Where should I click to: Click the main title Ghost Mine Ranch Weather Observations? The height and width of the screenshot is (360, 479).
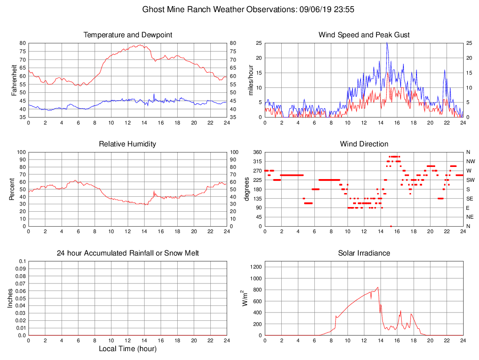[250, 9]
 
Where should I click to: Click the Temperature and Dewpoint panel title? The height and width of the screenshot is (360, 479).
[128, 35]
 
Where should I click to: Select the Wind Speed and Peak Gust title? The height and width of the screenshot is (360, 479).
[364, 35]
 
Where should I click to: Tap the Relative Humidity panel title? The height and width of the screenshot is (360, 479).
[128, 144]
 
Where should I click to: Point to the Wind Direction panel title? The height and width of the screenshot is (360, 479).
[364, 144]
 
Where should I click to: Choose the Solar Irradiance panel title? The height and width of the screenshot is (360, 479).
[364, 253]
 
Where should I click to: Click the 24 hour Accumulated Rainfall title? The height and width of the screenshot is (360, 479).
[128, 253]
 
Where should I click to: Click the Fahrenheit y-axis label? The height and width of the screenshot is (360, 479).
[14, 80]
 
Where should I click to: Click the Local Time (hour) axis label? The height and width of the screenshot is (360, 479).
[128, 349]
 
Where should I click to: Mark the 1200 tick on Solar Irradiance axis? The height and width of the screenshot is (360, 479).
[256, 267]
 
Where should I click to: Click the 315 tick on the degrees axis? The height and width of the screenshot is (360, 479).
[257, 161]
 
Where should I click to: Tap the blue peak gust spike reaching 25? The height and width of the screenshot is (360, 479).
[387, 43]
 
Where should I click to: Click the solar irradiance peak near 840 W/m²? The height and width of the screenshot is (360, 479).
[378, 287]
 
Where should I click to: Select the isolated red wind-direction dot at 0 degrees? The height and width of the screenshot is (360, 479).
[391, 226]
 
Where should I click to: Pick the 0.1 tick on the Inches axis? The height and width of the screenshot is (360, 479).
[21, 261]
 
